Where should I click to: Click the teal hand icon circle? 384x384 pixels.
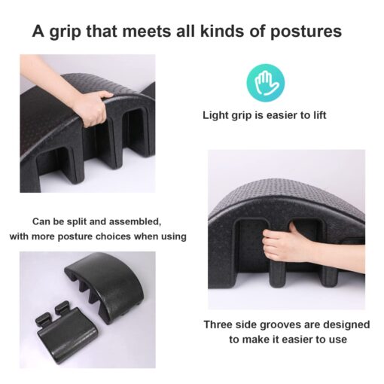coord(266,83)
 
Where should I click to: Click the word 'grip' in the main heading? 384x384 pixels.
coord(66,32)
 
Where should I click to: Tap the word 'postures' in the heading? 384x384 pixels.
coord(306,32)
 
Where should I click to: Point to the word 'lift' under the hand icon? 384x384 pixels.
coord(320,115)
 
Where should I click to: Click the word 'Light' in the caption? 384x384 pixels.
coord(215,115)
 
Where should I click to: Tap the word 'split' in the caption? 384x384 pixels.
coord(76,222)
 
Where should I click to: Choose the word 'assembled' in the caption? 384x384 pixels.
coord(135,222)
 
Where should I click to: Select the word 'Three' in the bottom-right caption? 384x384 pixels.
coord(218,325)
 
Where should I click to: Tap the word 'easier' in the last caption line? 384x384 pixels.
coord(297,340)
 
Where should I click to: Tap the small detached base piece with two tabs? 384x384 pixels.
coord(64,330)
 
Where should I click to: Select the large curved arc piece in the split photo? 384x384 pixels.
coord(107,284)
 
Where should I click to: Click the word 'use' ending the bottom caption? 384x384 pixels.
coord(340,340)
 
